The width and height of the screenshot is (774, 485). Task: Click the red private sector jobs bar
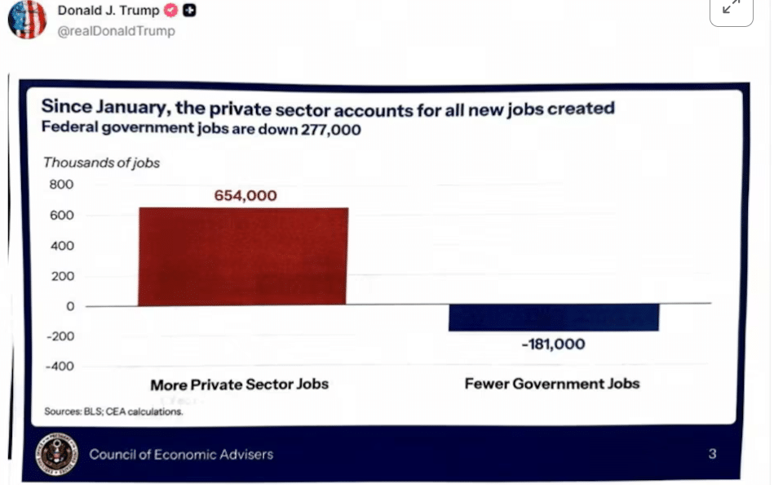tap(243, 256)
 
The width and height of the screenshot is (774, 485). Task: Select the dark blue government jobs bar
tap(554, 318)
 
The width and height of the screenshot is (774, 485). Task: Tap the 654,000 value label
tap(245, 196)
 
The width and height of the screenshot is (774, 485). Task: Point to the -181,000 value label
tap(553, 345)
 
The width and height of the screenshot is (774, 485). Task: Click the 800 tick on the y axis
tap(63, 185)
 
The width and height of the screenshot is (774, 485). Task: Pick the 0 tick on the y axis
tap(70, 306)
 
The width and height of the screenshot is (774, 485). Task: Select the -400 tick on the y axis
tap(60, 366)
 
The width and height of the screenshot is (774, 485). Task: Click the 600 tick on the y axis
tap(63, 216)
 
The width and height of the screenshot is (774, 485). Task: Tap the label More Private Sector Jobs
tap(239, 385)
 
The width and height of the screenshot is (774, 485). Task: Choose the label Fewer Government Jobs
tap(552, 384)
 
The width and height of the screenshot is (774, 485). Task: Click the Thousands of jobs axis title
tap(101, 162)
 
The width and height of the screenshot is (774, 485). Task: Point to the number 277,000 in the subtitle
tap(326, 129)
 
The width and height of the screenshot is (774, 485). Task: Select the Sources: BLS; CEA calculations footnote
tap(113, 412)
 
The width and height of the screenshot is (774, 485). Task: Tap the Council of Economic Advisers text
tap(181, 454)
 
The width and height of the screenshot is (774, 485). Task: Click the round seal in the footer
tap(57, 454)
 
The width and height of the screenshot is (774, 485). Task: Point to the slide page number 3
tap(712, 453)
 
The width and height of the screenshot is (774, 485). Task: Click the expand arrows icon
tap(731, 7)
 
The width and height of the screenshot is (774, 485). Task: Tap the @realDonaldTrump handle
tap(116, 31)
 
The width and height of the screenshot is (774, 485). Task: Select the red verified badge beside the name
tap(170, 11)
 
